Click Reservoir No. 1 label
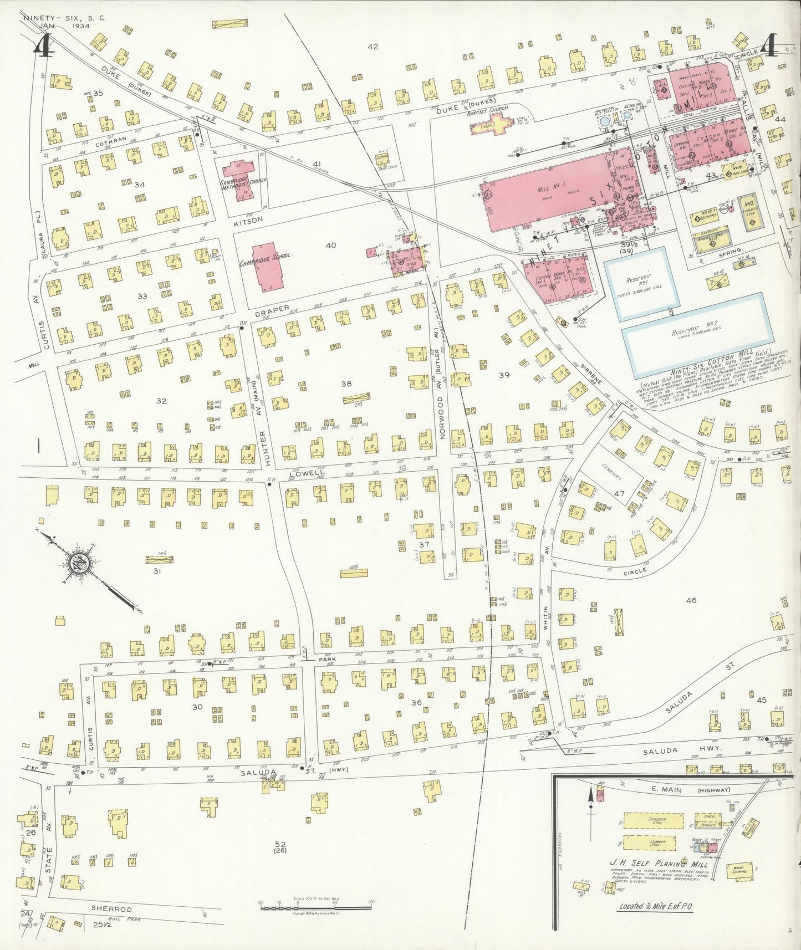[641, 279]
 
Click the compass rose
[81, 565]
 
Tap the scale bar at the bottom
[315, 906]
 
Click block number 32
[161, 401]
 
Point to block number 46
[690, 600]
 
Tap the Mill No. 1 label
[548, 189]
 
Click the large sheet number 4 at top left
[43, 46]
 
